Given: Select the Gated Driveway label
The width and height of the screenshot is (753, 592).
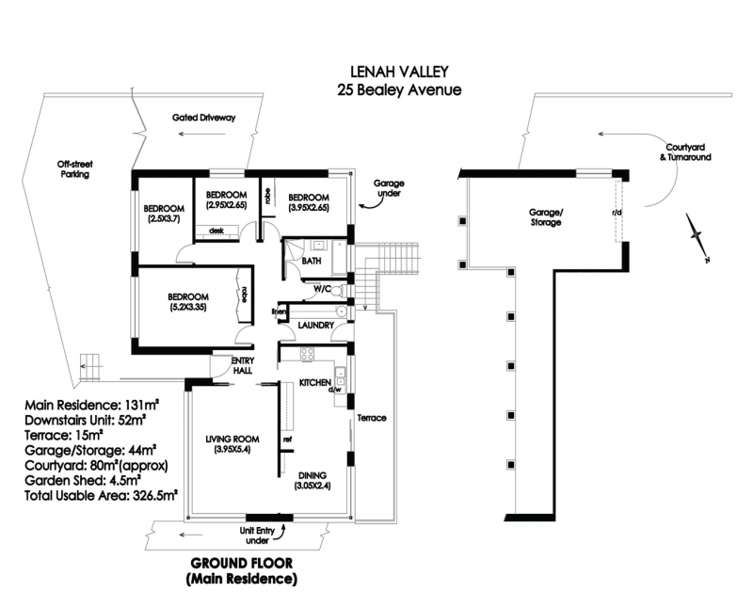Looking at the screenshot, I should click(203, 119).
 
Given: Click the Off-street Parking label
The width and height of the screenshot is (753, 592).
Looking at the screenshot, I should click(76, 169).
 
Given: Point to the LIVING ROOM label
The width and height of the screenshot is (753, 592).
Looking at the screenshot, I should click(235, 439).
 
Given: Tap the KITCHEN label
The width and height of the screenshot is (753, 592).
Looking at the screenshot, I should click(315, 383).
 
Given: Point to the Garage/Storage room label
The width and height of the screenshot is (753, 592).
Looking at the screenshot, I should click(545, 218).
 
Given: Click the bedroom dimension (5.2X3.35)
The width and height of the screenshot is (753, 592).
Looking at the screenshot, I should click(189, 307).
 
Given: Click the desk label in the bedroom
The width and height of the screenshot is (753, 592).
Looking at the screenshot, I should click(216, 230).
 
